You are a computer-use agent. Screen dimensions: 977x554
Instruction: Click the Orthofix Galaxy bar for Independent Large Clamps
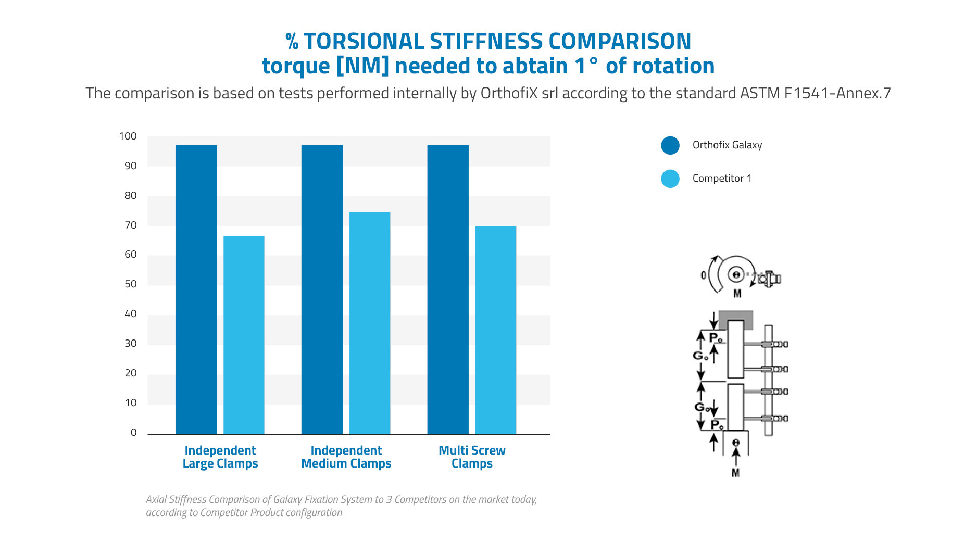196,289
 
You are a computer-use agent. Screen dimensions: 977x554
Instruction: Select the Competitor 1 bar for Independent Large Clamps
244,335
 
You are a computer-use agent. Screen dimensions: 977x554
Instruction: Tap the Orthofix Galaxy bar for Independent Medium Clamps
322,289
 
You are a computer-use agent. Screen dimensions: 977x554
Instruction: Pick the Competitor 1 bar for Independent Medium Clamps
370,323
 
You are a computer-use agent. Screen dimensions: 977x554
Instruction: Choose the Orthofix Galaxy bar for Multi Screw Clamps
448,289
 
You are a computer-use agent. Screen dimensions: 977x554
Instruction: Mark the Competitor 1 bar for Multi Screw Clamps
496,330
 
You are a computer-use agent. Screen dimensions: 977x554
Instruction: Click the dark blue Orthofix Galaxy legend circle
670,145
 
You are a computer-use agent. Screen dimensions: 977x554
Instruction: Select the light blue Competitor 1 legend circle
670,179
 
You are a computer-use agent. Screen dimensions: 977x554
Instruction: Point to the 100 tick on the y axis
128,136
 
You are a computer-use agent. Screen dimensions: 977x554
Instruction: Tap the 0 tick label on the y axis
134,433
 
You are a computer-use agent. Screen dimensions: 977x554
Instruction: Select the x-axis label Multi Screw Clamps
472,457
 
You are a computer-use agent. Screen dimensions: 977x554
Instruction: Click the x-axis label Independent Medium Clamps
346,457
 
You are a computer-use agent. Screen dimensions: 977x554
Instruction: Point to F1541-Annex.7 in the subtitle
837,93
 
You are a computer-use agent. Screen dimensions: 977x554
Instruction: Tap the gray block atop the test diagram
736,320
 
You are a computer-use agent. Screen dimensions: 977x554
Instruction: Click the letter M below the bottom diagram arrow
735,473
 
